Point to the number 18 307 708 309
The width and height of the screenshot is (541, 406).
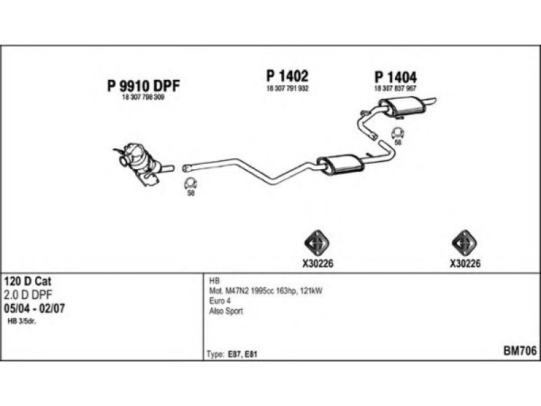(x=143, y=98)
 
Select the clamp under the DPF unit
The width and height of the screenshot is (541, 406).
(x=191, y=183)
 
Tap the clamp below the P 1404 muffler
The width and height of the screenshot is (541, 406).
(x=398, y=133)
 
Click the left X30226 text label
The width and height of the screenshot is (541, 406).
(x=314, y=265)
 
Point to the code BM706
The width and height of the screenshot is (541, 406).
(x=519, y=351)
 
